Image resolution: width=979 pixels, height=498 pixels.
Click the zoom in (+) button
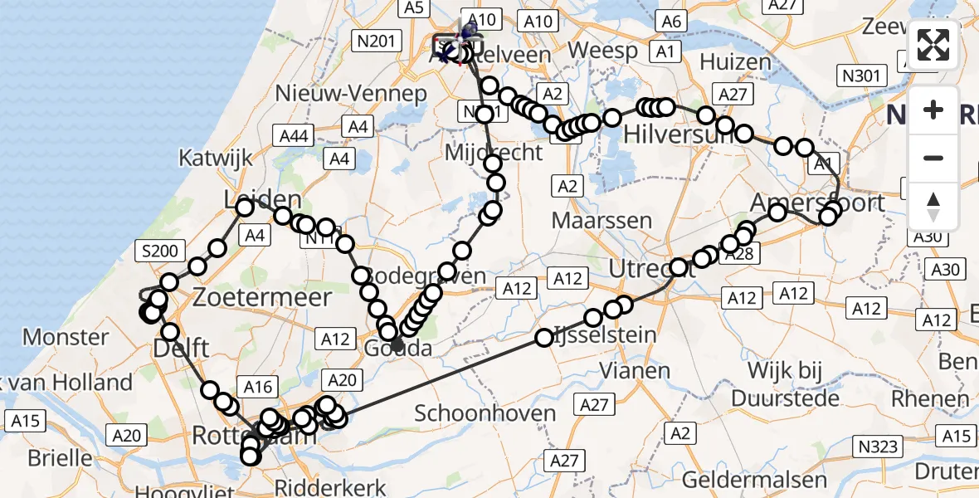(933, 110)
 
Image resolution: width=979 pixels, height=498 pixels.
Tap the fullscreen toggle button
(933, 46)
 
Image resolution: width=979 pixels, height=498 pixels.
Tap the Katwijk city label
(215, 158)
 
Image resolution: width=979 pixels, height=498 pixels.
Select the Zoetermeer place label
(263, 297)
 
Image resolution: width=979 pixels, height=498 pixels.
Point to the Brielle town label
(60, 457)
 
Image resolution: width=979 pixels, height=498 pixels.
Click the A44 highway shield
(292, 136)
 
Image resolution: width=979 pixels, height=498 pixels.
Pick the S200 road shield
(155, 249)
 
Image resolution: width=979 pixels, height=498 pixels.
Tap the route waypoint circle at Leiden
(245, 207)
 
